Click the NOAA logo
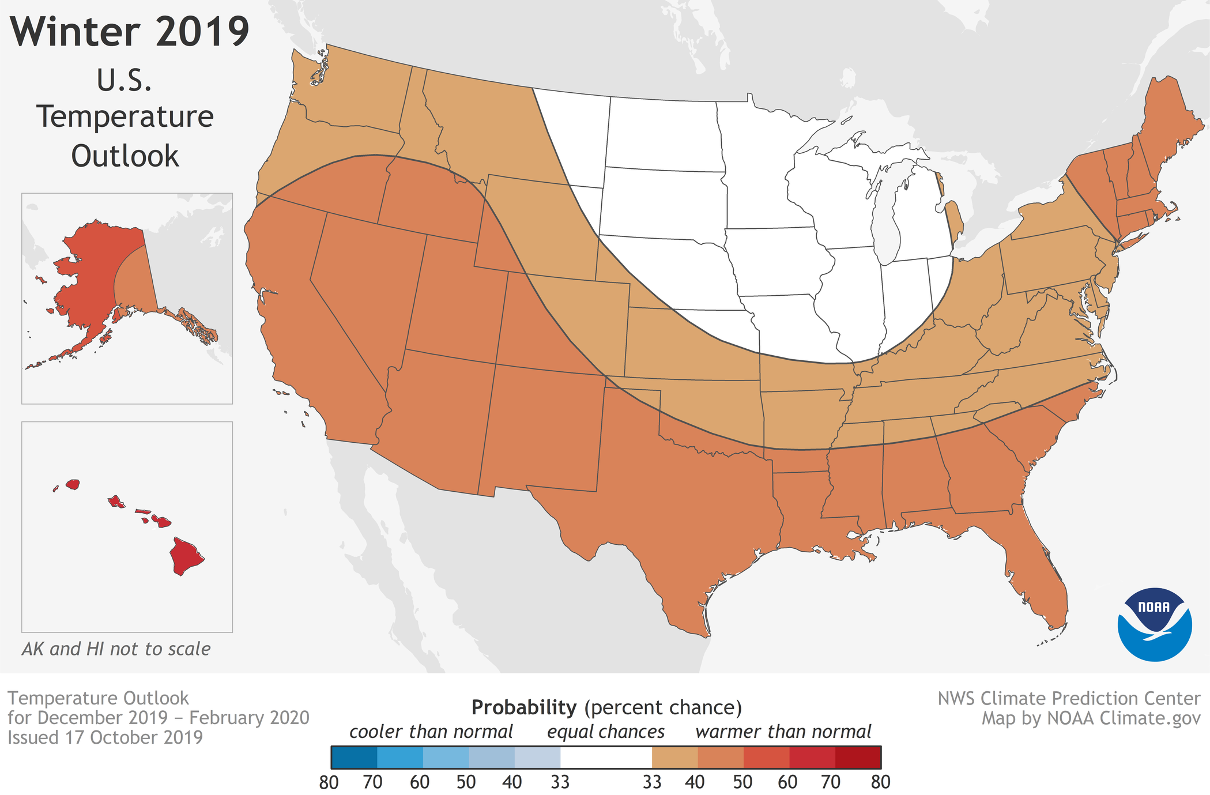tap(1154, 624)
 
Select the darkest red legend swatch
tap(858, 757)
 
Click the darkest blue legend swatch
tap(354, 757)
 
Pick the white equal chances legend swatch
tap(605, 757)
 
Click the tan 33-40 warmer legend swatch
tap(674, 757)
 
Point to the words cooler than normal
tap(431, 732)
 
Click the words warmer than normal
tap(783, 732)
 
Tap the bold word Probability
tap(523, 707)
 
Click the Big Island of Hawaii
tap(186, 555)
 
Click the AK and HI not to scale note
tap(116, 649)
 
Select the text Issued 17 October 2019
tap(105, 737)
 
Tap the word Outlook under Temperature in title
tap(125, 156)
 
